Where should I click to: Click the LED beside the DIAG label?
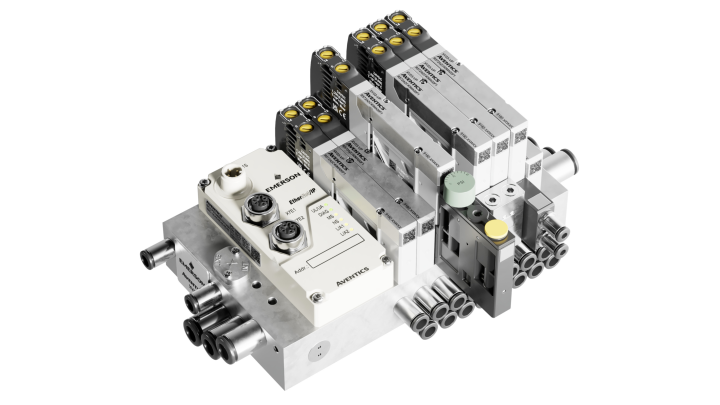332,210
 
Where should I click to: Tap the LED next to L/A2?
351,229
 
